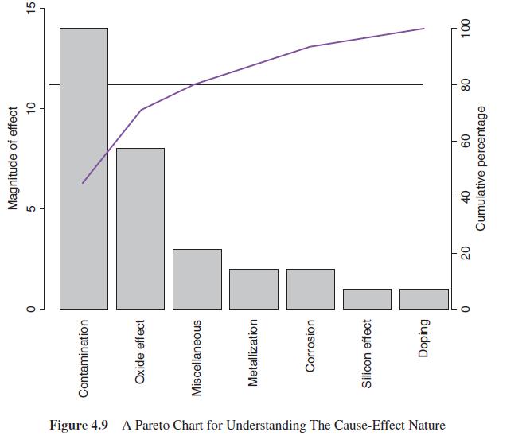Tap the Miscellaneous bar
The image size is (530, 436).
point(197,278)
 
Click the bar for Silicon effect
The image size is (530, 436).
point(367,298)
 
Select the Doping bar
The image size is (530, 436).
point(423,298)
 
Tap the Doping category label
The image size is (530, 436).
point(424,339)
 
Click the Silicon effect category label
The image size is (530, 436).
point(368,353)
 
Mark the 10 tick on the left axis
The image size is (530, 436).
point(32,108)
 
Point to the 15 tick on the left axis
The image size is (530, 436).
point(32,10)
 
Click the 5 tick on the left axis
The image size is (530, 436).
point(32,208)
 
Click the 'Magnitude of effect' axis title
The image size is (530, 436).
point(13,159)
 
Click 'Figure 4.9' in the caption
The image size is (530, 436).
point(80,425)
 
